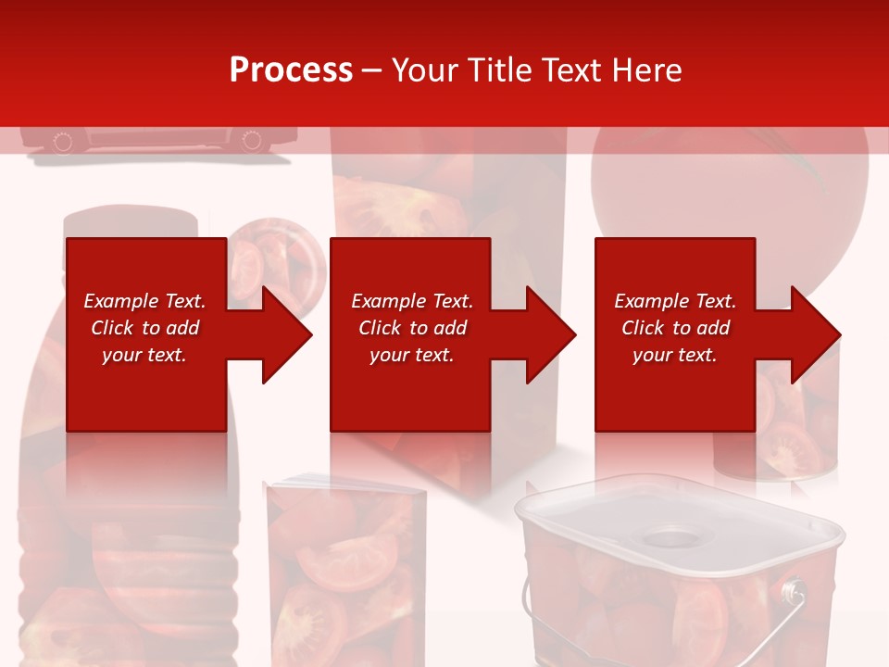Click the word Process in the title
291,70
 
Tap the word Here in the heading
647,70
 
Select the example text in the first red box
144,328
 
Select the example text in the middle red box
412,328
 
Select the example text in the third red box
675,328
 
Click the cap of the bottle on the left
131,225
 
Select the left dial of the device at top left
63,142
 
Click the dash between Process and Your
372,70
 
